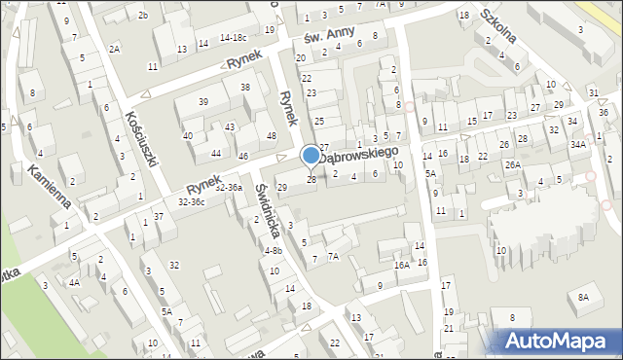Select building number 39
[203, 102]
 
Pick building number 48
[271, 134]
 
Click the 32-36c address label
[191, 201]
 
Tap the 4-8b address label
[274, 250]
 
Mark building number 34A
[578, 144]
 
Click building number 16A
[400, 265]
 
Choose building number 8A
[583, 297]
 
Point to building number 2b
[142, 15]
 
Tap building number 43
[230, 127]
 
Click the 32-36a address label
[230, 187]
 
